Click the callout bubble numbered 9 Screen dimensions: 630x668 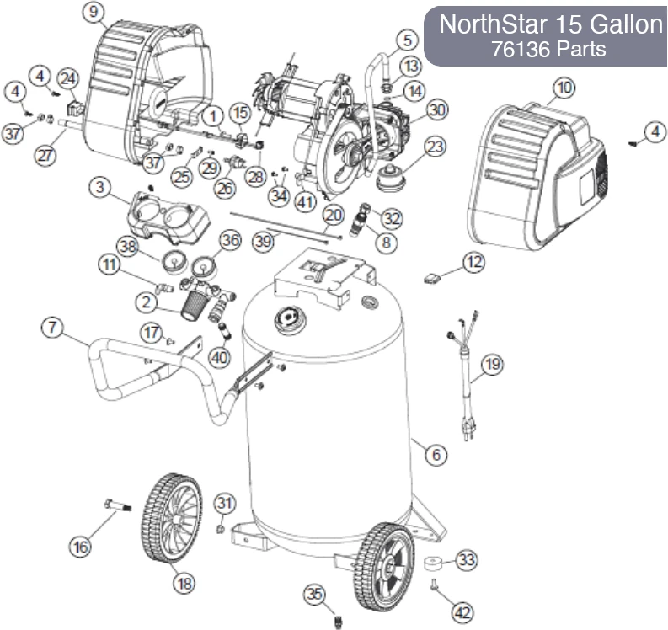(x=93, y=13)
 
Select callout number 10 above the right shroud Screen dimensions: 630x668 (x=564, y=87)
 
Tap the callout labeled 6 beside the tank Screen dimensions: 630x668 (x=436, y=456)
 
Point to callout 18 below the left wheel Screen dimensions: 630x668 (x=183, y=581)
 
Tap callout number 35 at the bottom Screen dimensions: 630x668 (x=314, y=595)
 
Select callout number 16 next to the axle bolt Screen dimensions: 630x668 (x=81, y=547)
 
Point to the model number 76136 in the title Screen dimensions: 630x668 (x=515, y=49)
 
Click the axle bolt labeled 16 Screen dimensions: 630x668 (x=120, y=506)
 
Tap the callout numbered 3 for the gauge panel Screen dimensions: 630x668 (x=99, y=187)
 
